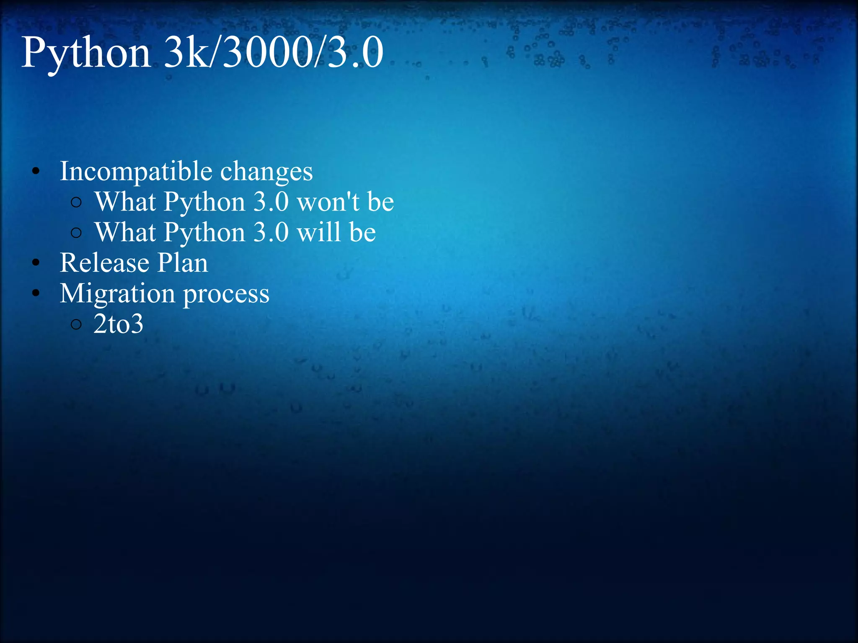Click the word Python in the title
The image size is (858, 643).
(86, 54)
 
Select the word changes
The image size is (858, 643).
(266, 172)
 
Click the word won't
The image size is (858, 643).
(328, 202)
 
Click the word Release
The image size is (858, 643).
(104, 263)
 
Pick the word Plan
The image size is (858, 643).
(183, 263)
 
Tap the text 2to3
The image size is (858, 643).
(118, 324)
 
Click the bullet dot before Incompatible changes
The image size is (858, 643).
(36, 172)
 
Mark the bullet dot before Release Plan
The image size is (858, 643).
(36, 263)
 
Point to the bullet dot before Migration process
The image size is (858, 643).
(36, 293)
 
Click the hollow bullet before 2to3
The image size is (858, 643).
(76, 324)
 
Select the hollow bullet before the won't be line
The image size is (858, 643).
(76, 203)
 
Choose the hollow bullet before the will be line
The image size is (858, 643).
(76, 233)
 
